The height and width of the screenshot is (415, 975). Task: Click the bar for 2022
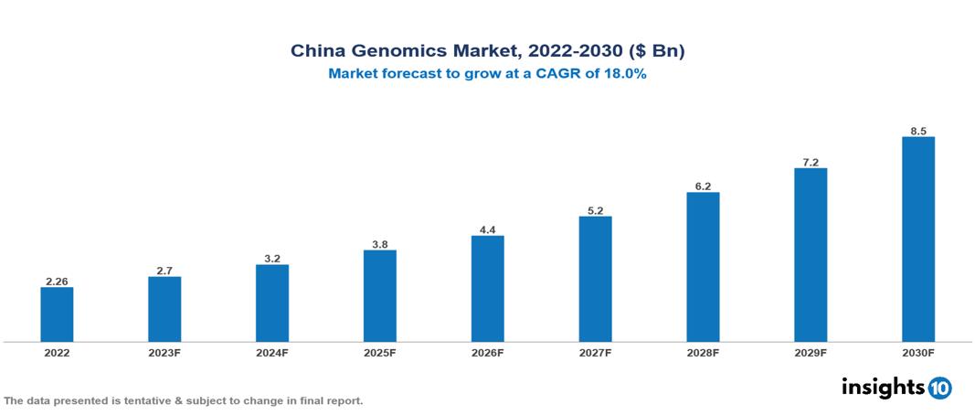pyautogui.click(x=57, y=314)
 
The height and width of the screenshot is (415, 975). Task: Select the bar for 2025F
pyautogui.click(x=380, y=296)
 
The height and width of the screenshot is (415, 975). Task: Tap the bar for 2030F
pyautogui.click(x=918, y=239)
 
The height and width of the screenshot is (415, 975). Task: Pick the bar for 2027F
pyautogui.click(x=595, y=279)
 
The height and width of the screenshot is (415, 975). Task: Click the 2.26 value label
pyautogui.click(x=57, y=281)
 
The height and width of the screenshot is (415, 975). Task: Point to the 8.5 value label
pyautogui.click(x=918, y=131)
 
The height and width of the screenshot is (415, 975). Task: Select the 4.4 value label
pyautogui.click(x=488, y=229)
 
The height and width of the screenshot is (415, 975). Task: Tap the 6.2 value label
pyautogui.click(x=703, y=186)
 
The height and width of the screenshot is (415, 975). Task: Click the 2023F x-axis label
pyautogui.click(x=164, y=353)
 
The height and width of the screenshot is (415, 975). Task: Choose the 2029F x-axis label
pyautogui.click(x=811, y=353)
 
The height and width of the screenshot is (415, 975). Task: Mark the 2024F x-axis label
pyautogui.click(x=272, y=353)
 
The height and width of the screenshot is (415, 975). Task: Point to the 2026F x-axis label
pyautogui.click(x=488, y=353)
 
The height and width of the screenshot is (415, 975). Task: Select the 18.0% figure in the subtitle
pyautogui.click(x=625, y=75)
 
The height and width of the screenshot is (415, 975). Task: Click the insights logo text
pyautogui.click(x=883, y=387)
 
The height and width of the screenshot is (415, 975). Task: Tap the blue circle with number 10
pyautogui.click(x=939, y=388)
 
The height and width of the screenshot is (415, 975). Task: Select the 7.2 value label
pyautogui.click(x=811, y=162)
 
